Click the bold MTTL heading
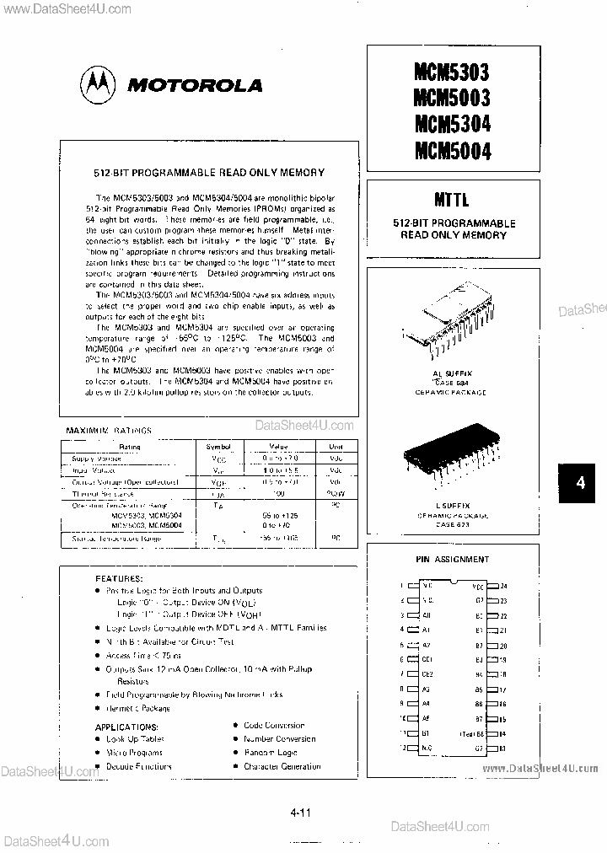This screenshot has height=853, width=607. (x=452, y=201)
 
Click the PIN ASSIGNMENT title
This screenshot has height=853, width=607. (x=452, y=559)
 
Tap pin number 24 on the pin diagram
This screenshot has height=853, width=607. (x=504, y=585)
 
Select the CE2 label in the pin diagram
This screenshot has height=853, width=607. (x=427, y=674)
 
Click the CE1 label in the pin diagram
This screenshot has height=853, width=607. (x=427, y=659)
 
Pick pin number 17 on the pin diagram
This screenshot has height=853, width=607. (x=504, y=689)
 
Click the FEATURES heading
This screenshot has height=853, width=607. (x=120, y=580)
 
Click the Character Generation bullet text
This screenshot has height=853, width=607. (x=282, y=766)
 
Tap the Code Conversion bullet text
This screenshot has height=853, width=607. (x=274, y=725)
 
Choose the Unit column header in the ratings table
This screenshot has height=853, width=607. (x=336, y=446)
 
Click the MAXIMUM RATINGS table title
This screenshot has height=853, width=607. (x=109, y=430)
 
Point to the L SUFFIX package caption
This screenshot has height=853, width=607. (x=452, y=503)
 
